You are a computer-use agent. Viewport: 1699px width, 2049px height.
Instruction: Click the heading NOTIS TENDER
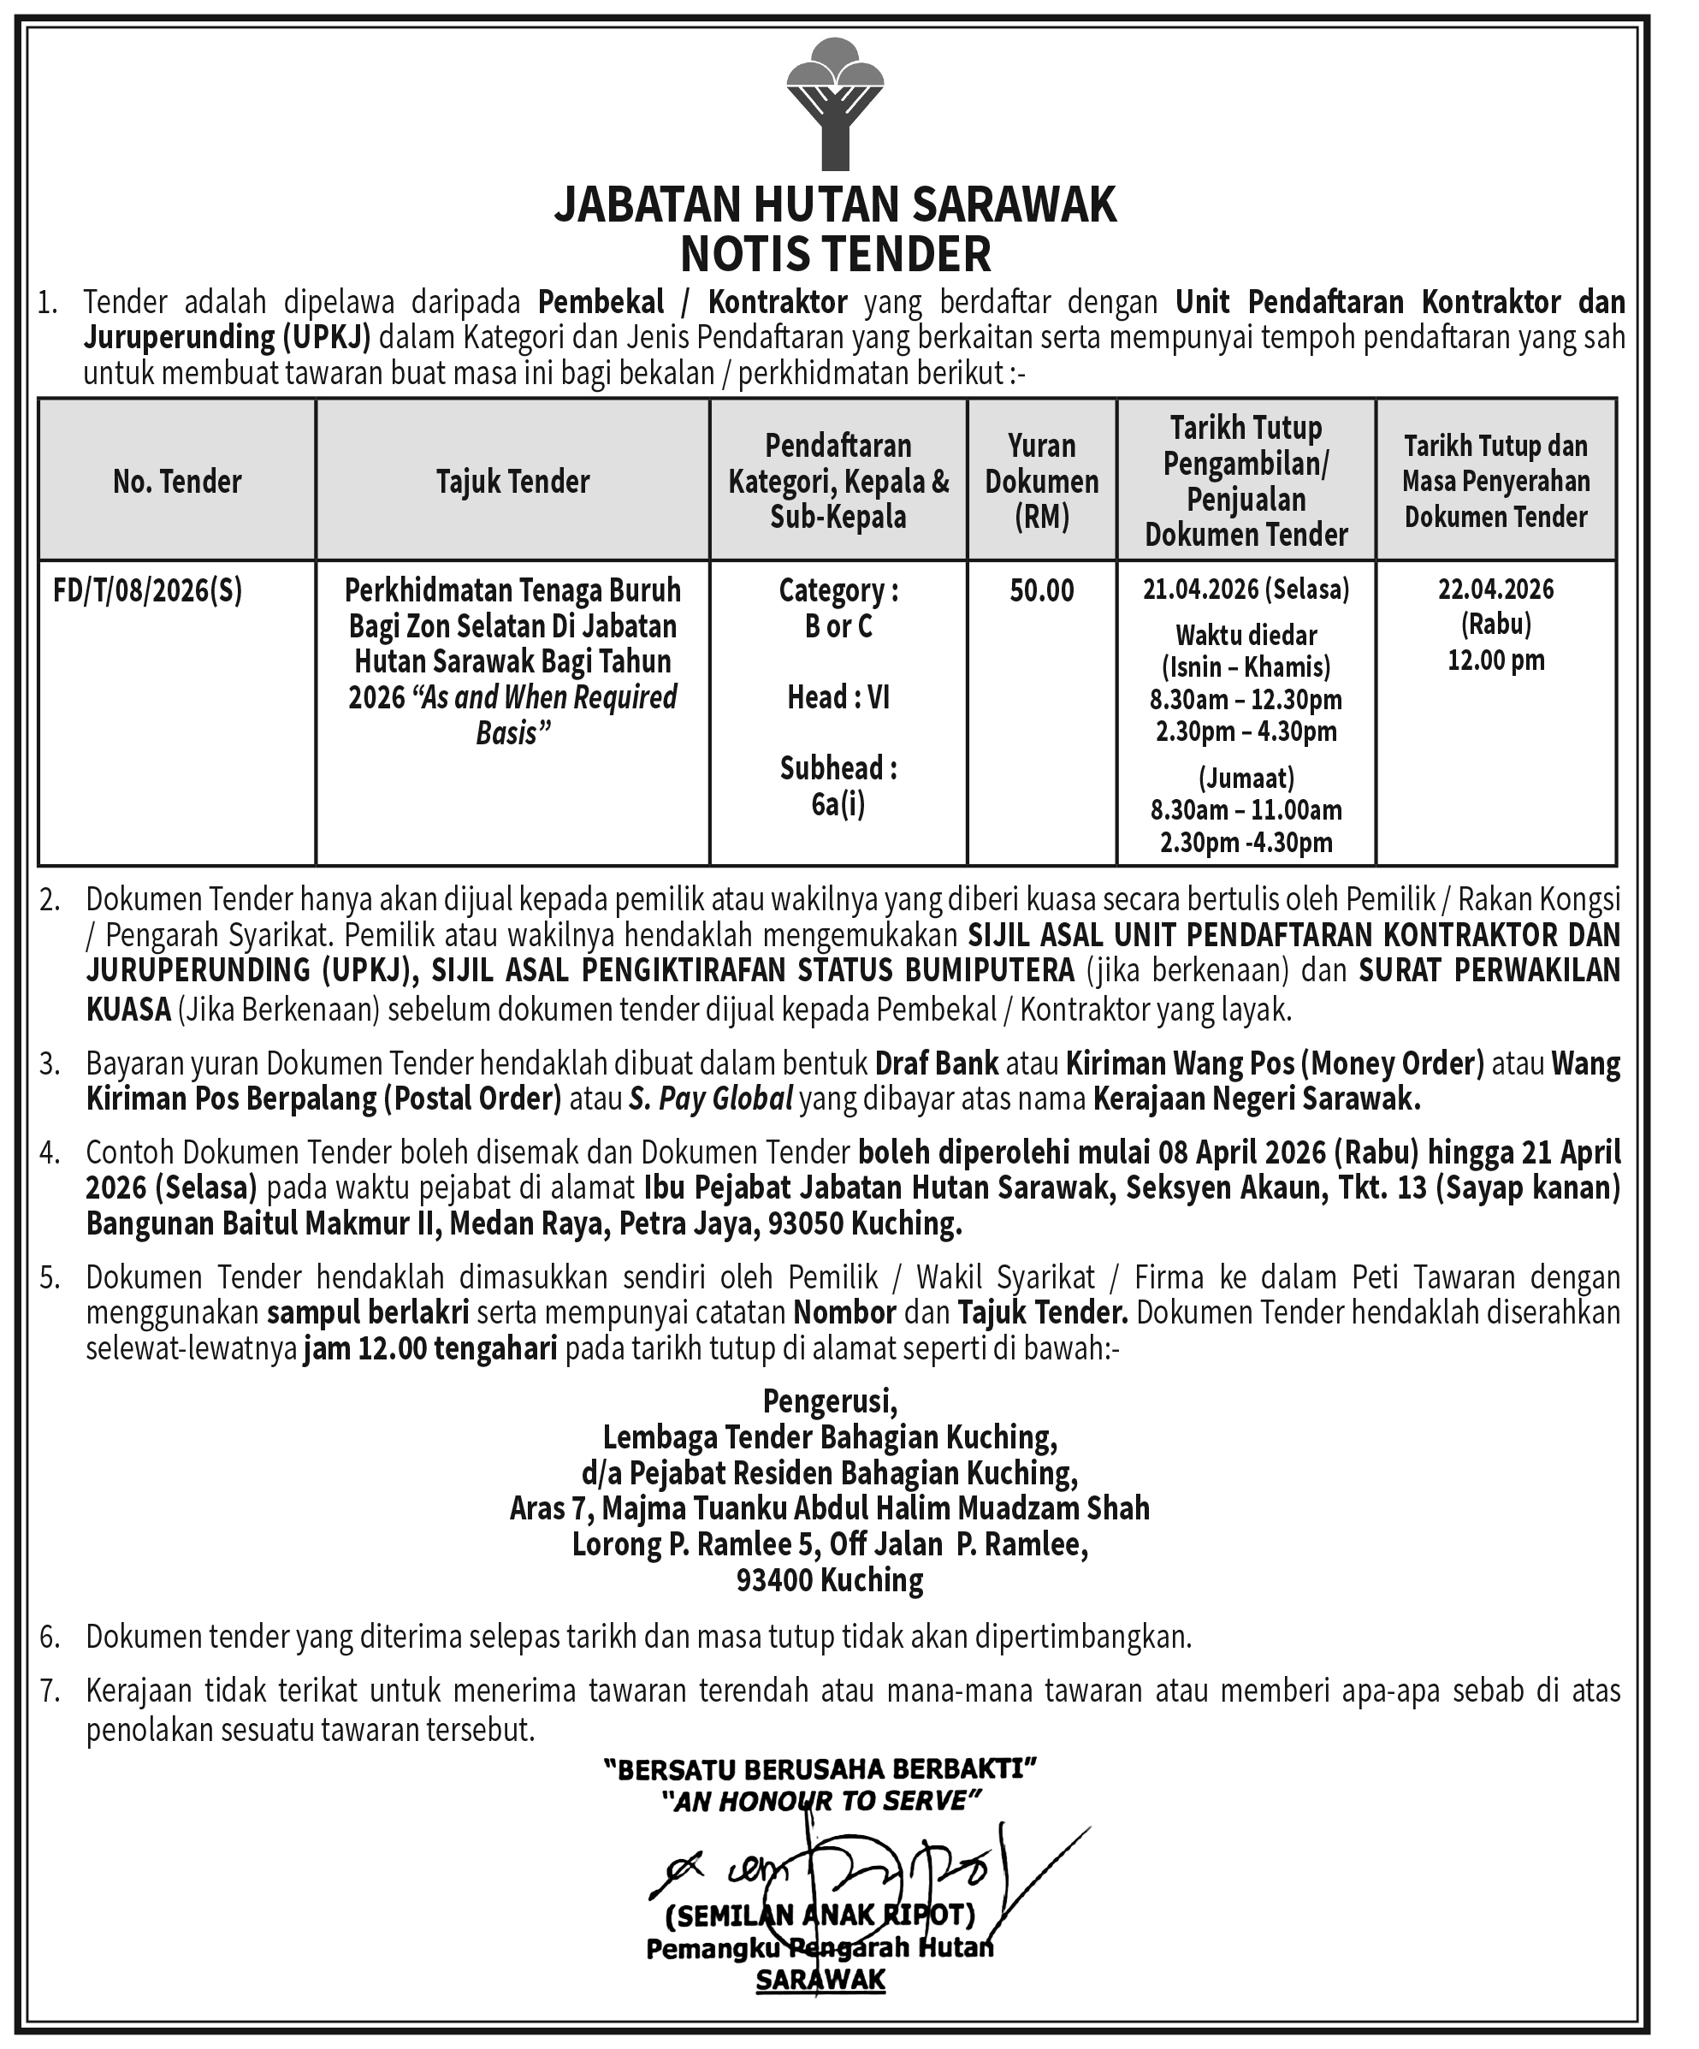click(835, 255)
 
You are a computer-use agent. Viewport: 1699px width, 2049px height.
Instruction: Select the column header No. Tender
click(176, 481)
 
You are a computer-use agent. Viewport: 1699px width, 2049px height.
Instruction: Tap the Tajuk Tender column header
click(512, 481)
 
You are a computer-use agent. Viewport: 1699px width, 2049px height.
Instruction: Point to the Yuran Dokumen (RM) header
click(1041, 481)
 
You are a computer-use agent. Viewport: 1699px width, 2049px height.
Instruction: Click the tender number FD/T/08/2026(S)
click(148, 591)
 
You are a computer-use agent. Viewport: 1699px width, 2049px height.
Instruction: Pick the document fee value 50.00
click(1041, 590)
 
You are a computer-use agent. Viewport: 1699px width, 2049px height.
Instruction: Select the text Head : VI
click(838, 697)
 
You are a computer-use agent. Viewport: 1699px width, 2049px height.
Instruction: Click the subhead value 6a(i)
click(838, 805)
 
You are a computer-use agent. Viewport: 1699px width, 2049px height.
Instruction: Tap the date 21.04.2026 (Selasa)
click(1246, 589)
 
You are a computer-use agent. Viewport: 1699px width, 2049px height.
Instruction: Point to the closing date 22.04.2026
click(1495, 589)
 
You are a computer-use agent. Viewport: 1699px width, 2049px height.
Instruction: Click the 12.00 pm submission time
click(1495, 660)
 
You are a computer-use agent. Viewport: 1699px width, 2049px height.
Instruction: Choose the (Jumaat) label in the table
click(1246, 778)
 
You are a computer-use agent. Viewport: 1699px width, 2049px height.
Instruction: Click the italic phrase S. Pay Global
click(709, 1099)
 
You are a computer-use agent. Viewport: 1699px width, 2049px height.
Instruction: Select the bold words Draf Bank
click(935, 1063)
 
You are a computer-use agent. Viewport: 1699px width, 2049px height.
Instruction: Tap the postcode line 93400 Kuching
click(830, 1579)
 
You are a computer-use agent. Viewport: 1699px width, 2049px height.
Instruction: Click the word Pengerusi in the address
click(830, 1401)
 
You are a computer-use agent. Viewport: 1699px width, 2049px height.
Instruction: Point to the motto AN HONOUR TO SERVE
click(821, 1801)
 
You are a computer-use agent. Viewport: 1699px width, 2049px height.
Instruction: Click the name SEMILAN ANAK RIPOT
click(820, 1915)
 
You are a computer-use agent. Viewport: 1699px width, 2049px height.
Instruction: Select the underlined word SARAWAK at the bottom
click(820, 1979)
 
